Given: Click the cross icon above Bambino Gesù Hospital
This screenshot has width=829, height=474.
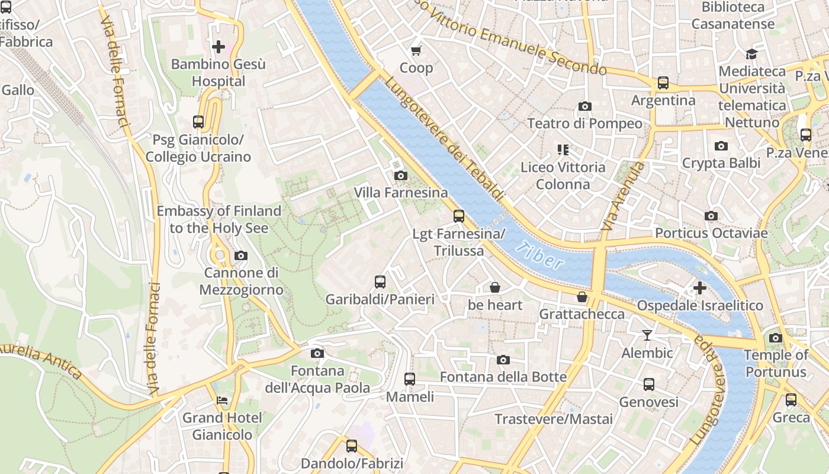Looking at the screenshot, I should tap(219, 46).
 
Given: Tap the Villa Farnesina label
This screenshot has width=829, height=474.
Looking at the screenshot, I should tap(401, 193).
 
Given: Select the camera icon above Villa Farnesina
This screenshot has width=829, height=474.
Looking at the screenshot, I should tap(401, 175).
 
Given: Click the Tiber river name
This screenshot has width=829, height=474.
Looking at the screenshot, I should tap(539, 255).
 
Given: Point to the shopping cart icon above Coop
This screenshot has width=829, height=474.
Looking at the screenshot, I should tap(416, 50).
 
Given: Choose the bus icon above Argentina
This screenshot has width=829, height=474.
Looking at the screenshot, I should tap(663, 83).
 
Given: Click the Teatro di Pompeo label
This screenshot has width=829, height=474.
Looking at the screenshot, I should tap(584, 123).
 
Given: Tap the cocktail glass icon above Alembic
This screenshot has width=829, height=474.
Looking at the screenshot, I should tap(647, 335).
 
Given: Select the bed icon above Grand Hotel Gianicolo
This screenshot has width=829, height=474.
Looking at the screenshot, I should tap(222, 401).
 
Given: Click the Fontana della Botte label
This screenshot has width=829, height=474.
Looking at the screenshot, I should tap(503, 377).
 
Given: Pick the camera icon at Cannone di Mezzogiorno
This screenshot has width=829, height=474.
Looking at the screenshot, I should tap(241, 256).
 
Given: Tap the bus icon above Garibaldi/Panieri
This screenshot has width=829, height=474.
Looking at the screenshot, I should tap(380, 282).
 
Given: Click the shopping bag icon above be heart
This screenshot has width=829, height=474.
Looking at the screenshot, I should tap(495, 288).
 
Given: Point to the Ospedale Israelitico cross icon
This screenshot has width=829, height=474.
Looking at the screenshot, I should tap(700, 289).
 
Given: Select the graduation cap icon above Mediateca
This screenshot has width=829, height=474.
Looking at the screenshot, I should tap(751, 54).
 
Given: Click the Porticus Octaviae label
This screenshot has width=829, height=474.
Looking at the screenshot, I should tap(711, 233).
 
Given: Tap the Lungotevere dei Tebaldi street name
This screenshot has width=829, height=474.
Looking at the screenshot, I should tap(444, 139).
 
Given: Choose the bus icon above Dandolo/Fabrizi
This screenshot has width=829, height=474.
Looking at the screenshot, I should tap(352, 446).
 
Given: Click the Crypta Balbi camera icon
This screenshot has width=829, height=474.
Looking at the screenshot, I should tap(721, 146).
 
